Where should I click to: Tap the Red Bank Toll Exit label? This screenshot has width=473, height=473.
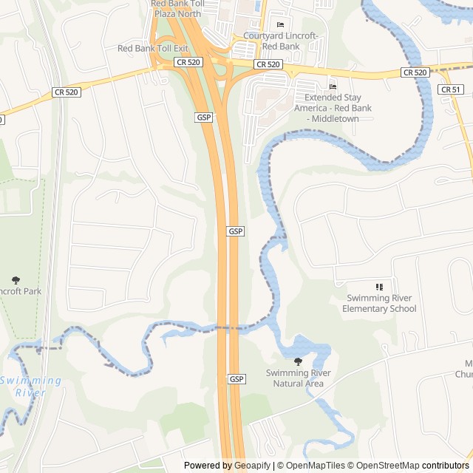(153, 48)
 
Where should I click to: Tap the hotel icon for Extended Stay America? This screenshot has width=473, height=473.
(333, 87)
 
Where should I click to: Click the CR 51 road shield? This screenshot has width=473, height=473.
(450, 89)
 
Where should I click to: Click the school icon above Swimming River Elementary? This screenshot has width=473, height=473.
(379, 287)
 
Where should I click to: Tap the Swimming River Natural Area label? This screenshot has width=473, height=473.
(298, 378)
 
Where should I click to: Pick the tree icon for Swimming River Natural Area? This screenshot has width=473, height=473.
(298, 361)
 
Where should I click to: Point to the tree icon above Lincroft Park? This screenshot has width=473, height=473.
(16, 280)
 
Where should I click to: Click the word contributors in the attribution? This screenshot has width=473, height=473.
(446, 466)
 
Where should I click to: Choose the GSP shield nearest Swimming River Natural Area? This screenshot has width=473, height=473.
(236, 379)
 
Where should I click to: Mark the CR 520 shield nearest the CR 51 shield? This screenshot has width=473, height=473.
(415, 72)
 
